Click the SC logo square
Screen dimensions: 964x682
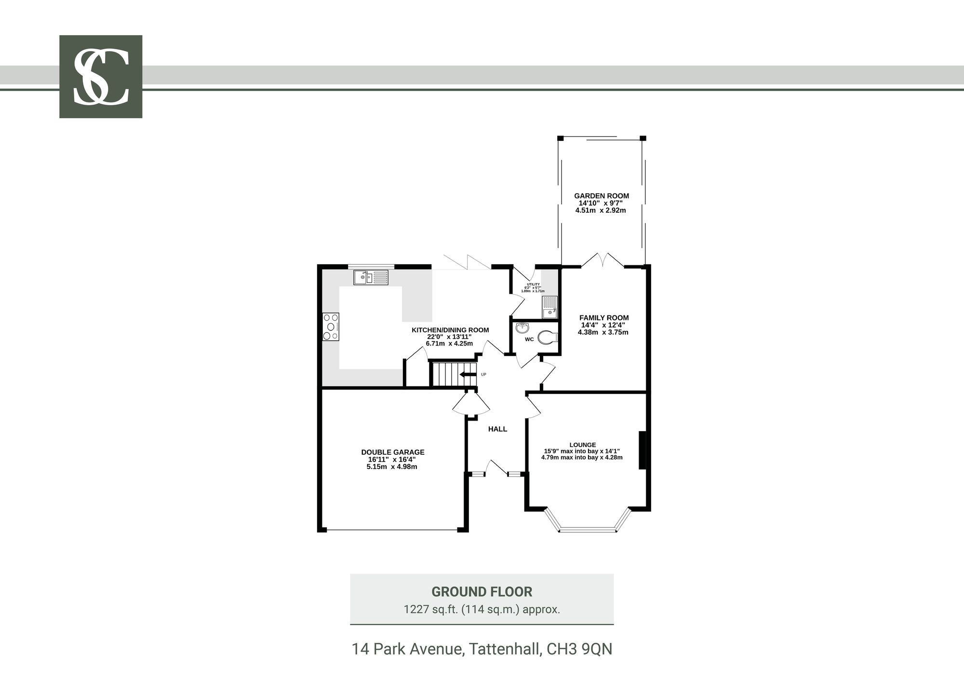101,77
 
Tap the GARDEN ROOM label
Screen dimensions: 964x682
602,196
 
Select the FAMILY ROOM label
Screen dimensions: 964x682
604,318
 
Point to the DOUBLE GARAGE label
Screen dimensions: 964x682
393,452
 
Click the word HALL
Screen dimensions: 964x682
497,429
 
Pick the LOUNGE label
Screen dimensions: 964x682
583,445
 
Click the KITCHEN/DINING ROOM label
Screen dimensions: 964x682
450,330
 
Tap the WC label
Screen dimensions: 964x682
529,340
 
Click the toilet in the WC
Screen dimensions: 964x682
548,337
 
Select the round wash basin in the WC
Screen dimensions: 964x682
522,328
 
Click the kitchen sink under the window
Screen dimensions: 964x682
371,277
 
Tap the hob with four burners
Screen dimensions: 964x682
331,327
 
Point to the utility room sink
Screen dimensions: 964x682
549,308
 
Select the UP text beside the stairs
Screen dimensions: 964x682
483,374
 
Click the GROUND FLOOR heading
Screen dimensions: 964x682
482,592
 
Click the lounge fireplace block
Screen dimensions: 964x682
643,450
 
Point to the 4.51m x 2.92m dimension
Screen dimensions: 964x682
601,210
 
